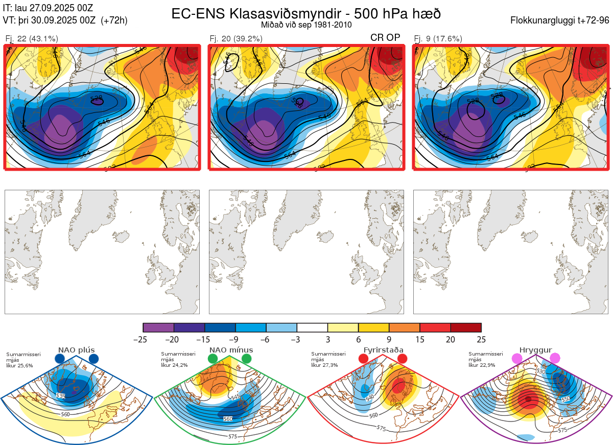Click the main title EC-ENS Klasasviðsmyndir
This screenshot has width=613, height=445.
click(306, 13)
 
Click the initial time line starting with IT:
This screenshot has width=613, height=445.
click(48, 8)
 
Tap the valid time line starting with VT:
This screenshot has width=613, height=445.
click(65, 20)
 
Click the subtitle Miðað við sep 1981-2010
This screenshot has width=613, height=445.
click(306, 25)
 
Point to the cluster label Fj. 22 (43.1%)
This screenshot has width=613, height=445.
click(32, 38)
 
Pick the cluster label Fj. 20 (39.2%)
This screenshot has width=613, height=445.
click(236, 38)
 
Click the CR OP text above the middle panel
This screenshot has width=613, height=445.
click(385, 37)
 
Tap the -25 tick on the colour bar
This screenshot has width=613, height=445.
click(144, 339)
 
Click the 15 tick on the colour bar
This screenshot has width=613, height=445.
click(420, 339)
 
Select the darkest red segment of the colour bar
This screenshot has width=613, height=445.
click(466, 327)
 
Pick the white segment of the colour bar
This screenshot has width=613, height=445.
click(312, 327)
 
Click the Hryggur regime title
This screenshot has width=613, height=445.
click(535, 350)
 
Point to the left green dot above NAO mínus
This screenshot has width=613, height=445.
click(213, 359)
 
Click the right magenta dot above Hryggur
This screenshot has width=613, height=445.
click(555, 359)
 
